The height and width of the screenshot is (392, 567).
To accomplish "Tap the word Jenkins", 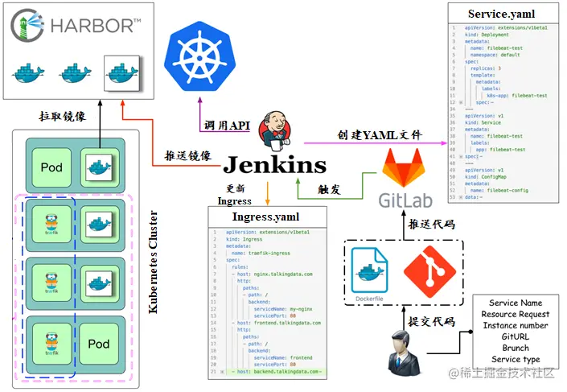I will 275,166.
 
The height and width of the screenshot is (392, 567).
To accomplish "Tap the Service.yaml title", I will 501,14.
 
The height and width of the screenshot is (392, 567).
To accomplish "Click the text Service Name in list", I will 515,303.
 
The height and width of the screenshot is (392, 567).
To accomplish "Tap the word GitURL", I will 515,336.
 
